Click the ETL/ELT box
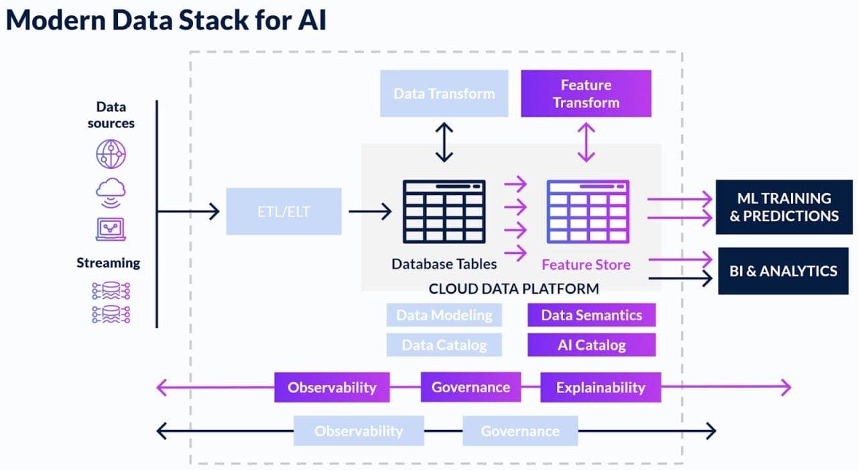(x=284, y=211)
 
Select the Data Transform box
(x=444, y=93)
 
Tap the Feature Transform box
(x=586, y=93)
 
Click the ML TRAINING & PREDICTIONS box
(x=784, y=207)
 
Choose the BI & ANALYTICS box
(x=783, y=271)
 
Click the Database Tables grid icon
(x=444, y=211)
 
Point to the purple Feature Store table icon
(x=587, y=211)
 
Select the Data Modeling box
(x=444, y=315)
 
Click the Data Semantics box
(x=591, y=315)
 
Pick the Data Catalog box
(x=444, y=345)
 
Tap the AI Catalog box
(x=591, y=345)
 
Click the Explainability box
(x=601, y=388)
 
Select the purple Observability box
(x=332, y=388)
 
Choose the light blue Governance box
(x=519, y=431)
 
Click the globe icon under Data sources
(x=111, y=155)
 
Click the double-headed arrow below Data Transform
(x=444, y=142)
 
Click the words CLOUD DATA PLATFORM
(x=513, y=289)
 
